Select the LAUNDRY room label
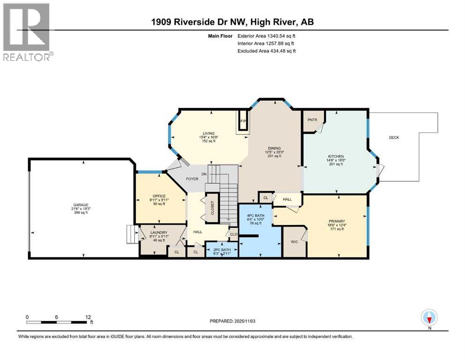click(159, 232)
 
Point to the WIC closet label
click(294, 242)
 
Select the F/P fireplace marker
click(243, 121)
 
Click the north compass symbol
click(429, 318)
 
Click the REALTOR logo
click(27, 32)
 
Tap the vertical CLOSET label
click(212, 207)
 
